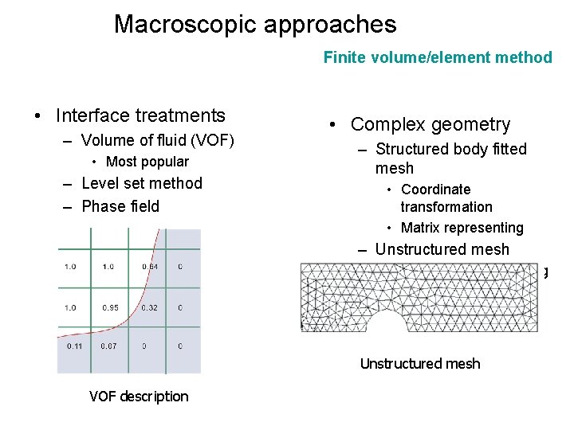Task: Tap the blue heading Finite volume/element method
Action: (x=437, y=57)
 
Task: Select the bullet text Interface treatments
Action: (x=140, y=115)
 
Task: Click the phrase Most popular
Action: (x=147, y=162)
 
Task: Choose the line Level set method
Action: (x=143, y=183)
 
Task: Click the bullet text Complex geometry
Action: (x=431, y=124)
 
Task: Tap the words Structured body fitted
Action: (x=450, y=149)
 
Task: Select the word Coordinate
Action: (x=436, y=190)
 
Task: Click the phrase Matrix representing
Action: (x=462, y=228)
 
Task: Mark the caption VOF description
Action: (x=139, y=397)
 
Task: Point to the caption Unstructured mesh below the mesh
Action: (x=420, y=364)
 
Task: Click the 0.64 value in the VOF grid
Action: (x=149, y=266)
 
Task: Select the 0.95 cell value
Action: (x=111, y=306)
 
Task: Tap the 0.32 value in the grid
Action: (x=149, y=306)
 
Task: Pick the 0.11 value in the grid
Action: (x=74, y=346)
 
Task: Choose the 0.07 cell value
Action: (x=111, y=346)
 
